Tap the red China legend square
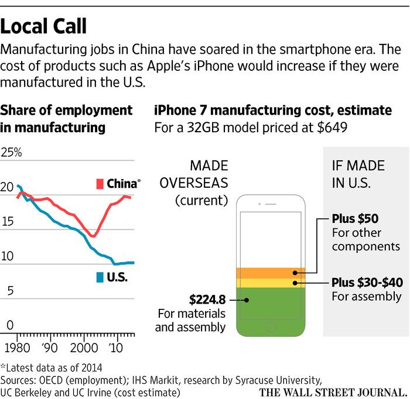[x=100, y=184]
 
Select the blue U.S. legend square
[x=99, y=277]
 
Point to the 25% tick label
[x=12, y=153]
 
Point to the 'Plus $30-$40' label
[x=366, y=283]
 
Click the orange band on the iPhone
[x=271, y=273]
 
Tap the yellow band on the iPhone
[x=271, y=283]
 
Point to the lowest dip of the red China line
[x=93, y=236]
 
